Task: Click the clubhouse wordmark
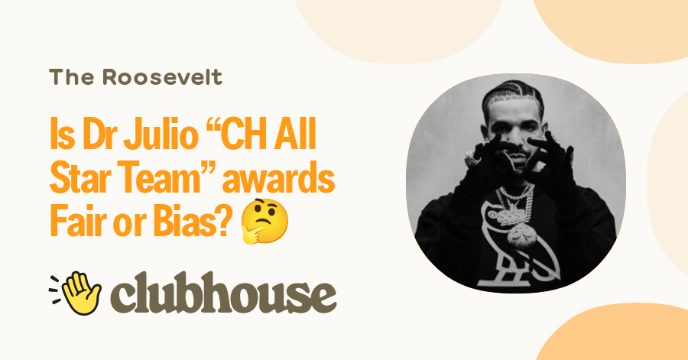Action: coord(222,294)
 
